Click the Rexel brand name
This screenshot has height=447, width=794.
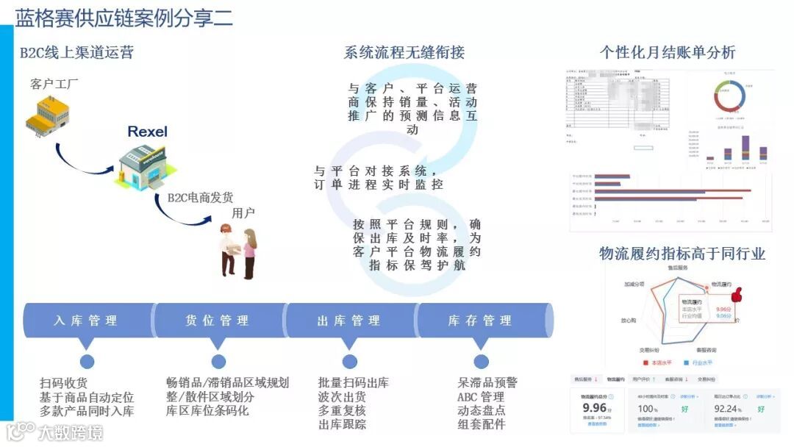coord(147,132)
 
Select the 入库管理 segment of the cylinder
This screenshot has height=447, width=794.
coord(86,321)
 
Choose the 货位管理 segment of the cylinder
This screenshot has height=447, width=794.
coord(218,321)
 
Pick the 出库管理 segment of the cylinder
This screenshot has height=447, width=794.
coord(349,321)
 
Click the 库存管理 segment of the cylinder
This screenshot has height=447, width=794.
coord(480,321)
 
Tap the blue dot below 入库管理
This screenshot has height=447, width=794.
coord(87,361)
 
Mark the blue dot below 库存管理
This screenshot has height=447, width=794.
coord(481,361)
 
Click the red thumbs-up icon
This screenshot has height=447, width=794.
coord(737,294)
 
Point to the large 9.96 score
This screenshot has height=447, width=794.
coord(594,407)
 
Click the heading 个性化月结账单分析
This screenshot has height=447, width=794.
coord(667,52)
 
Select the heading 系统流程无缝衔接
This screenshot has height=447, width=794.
coord(404,52)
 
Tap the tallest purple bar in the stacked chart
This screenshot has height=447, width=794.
coord(745,147)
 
